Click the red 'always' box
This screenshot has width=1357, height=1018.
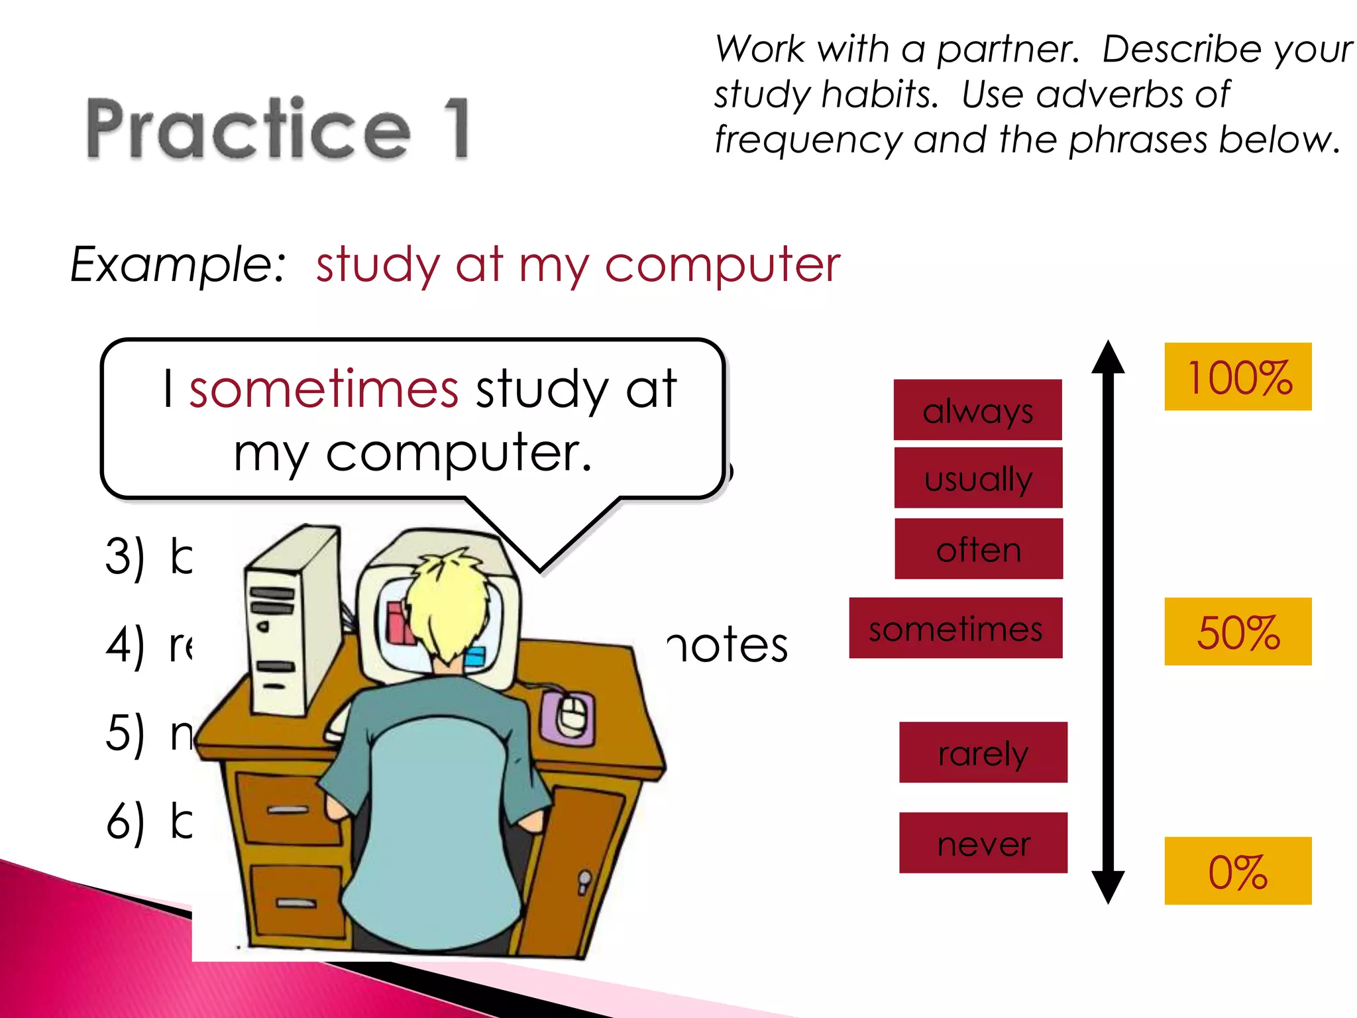(x=977, y=410)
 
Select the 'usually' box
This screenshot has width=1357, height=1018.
(x=978, y=478)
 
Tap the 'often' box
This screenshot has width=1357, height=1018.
(x=979, y=549)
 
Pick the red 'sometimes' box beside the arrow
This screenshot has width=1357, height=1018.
(x=955, y=628)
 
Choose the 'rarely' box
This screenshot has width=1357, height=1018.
(x=983, y=752)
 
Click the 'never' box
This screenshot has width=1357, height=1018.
(x=983, y=843)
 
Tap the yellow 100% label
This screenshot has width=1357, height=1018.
(x=1238, y=377)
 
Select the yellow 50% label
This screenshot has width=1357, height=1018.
(x=1238, y=632)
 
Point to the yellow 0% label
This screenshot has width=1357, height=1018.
(x=1238, y=871)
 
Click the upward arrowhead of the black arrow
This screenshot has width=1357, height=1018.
(x=1109, y=358)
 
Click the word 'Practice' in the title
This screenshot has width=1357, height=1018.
(x=248, y=129)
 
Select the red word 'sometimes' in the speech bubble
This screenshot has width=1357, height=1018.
(x=323, y=388)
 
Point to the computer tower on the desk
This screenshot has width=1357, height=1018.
(x=292, y=623)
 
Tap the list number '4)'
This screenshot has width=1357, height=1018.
(x=125, y=645)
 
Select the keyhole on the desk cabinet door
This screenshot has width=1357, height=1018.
(x=584, y=881)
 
